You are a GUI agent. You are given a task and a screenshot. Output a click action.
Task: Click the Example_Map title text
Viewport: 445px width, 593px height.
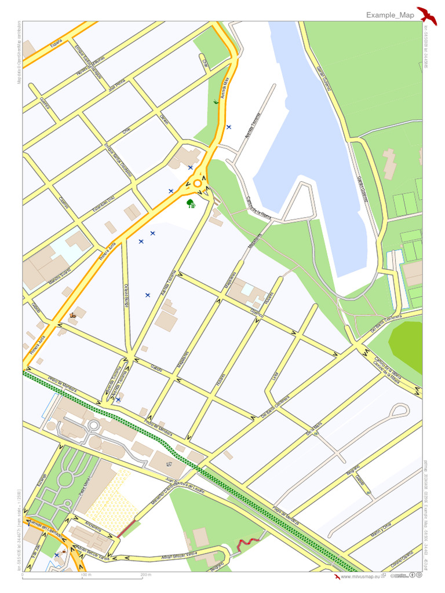[x=390, y=15]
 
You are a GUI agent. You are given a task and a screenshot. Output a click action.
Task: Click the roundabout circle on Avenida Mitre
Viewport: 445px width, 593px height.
[x=197, y=184]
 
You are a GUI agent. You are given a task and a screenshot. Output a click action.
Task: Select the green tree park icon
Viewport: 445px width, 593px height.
[x=191, y=203]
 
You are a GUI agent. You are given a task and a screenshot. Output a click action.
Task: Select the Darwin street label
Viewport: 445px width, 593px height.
[x=164, y=119]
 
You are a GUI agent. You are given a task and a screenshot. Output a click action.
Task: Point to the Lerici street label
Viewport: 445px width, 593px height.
[x=275, y=376]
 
